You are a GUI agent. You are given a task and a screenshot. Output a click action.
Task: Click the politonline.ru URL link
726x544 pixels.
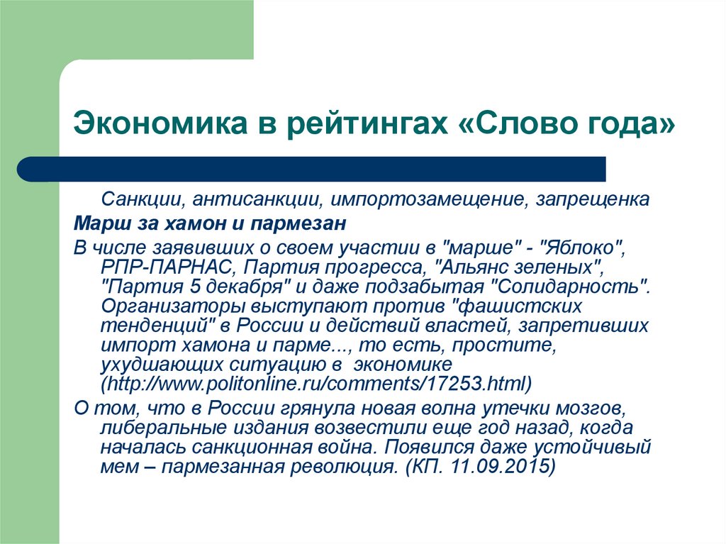pos(316,384)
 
